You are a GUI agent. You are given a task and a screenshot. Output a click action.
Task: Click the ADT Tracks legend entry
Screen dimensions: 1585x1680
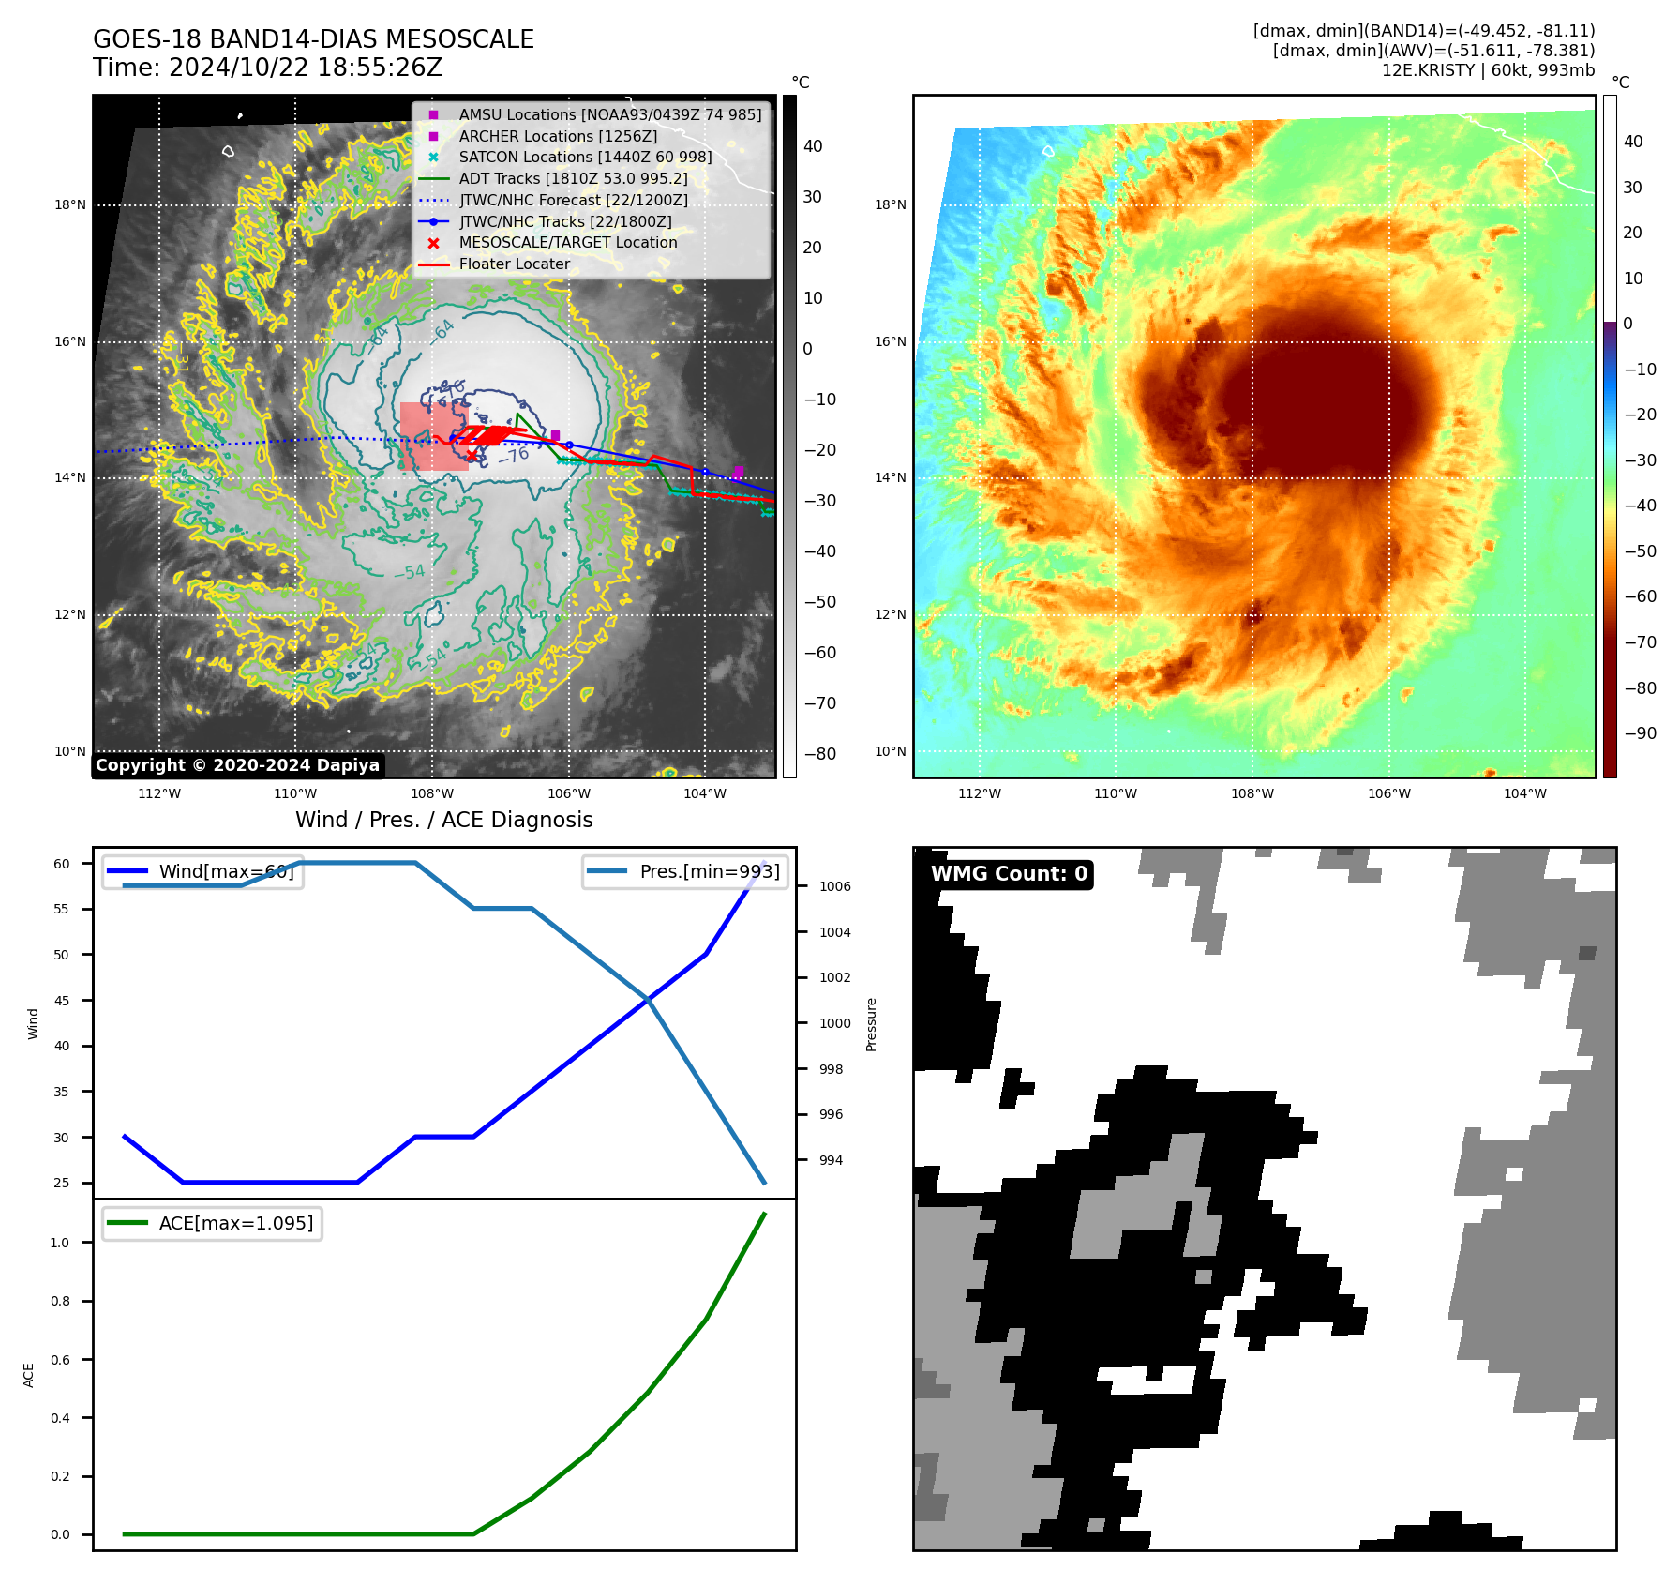(x=573, y=178)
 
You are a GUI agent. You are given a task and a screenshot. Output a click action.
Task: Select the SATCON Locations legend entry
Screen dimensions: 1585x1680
(x=585, y=157)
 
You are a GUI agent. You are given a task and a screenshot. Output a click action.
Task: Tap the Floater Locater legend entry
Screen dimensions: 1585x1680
(x=514, y=264)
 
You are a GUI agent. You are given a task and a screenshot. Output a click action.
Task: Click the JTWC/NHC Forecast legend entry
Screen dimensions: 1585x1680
(x=573, y=200)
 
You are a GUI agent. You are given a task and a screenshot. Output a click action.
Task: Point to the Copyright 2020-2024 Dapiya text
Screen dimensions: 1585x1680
(x=237, y=765)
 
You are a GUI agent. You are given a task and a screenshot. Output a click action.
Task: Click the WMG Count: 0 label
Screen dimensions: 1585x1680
(x=1009, y=874)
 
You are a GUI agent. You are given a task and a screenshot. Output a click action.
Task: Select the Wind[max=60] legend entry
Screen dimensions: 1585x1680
(x=226, y=871)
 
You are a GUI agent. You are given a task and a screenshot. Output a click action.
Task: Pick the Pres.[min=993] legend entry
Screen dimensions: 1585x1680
(x=709, y=871)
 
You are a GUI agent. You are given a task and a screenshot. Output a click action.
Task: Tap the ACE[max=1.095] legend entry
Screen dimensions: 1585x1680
(x=235, y=1223)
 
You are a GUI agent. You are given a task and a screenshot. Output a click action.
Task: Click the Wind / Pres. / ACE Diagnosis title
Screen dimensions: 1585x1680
(x=443, y=820)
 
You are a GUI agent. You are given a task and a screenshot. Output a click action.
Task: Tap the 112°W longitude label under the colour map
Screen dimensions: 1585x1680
(x=979, y=793)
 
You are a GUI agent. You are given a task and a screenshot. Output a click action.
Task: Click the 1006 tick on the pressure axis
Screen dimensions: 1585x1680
(x=834, y=886)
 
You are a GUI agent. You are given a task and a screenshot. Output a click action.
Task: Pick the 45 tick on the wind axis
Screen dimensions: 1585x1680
(x=62, y=1001)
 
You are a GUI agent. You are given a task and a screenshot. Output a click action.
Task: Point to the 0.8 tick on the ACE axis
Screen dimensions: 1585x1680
(x=60, y=1301)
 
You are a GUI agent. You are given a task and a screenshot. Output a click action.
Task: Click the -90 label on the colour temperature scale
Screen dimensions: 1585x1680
(x=1640, y=733)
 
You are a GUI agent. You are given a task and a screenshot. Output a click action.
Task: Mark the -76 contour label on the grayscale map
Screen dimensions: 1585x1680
(x=514, y=456)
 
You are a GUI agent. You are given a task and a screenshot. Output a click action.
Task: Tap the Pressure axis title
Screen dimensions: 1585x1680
(x=871, y=1024)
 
